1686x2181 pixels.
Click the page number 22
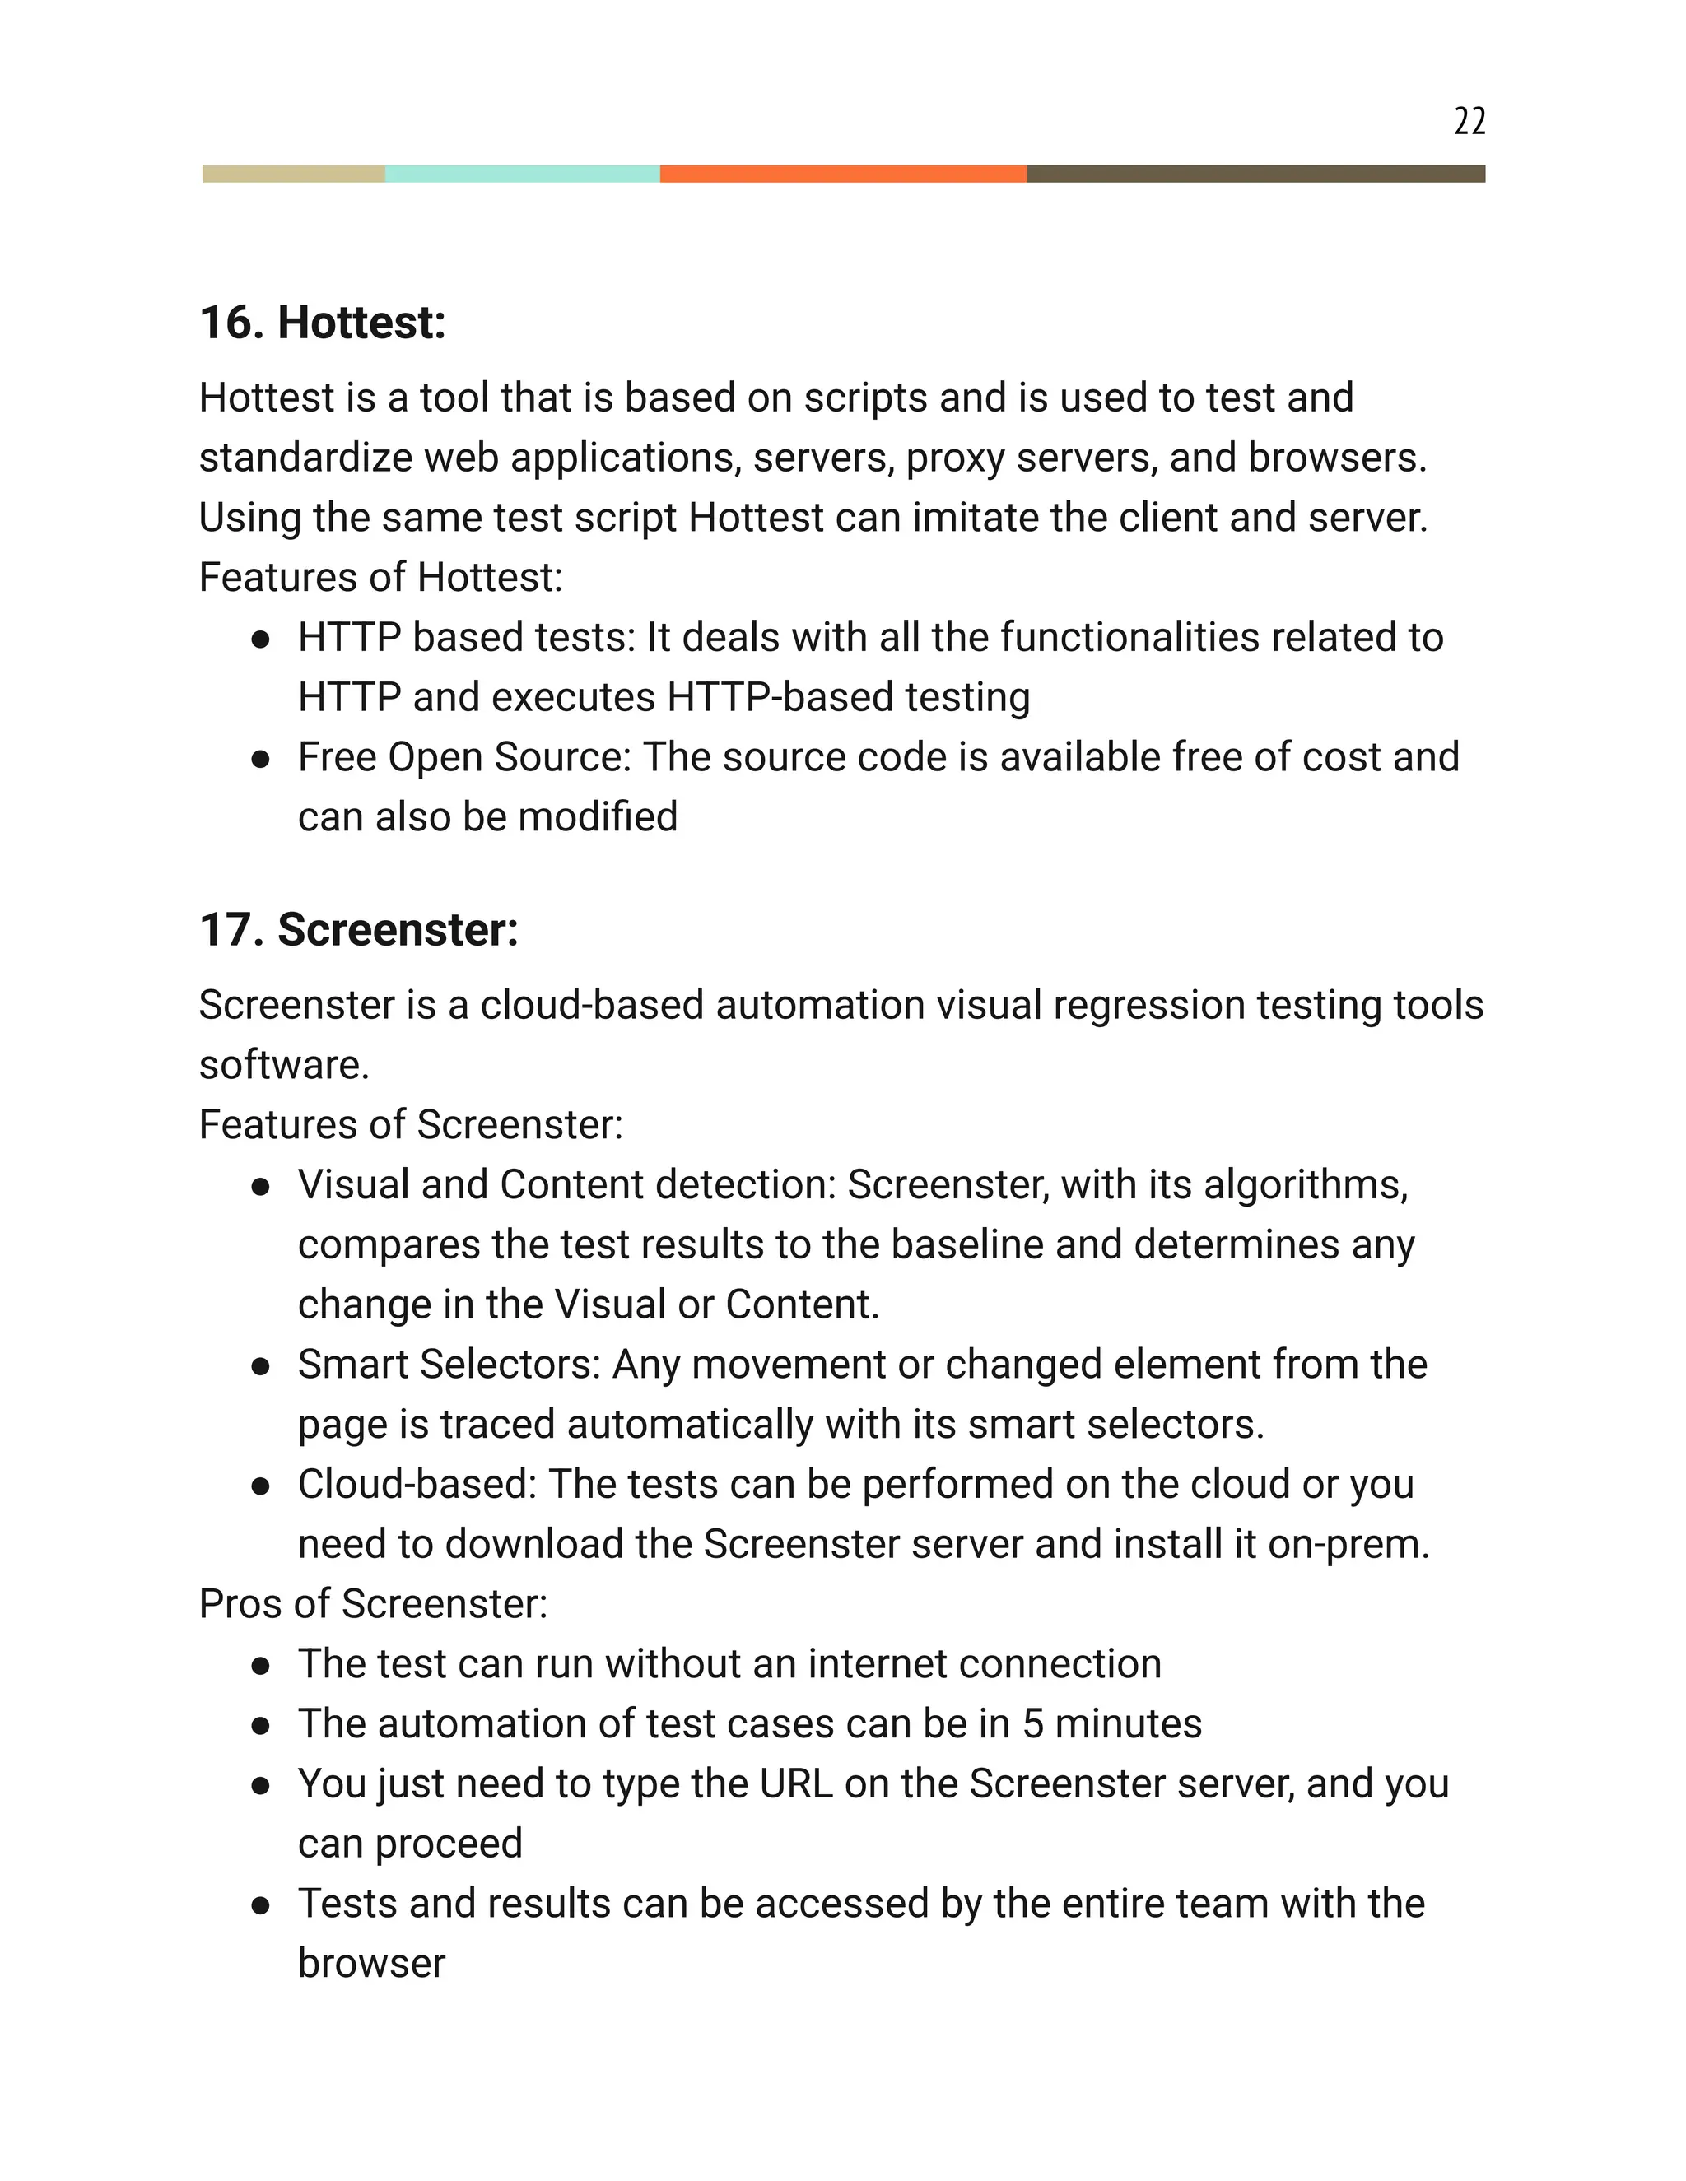(1469, 121)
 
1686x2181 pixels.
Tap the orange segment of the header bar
(843, 174)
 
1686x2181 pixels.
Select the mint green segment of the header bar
(523, 174)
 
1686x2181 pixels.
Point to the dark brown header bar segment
(1255, 174)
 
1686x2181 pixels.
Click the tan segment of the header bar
(294, 174)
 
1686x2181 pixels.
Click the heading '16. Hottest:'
(323, 323)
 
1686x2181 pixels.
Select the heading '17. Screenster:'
(359, 930)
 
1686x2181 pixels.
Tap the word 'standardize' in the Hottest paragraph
(305, 458)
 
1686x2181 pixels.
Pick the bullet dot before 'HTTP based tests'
(262, 639)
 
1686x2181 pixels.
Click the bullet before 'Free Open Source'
(262, 759)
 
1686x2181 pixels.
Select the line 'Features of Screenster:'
(411, 1124)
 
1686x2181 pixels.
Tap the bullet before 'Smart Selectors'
(262, 1366)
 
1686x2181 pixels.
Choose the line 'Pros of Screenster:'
(374, 1604)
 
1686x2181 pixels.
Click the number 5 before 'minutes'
(1032, 1724)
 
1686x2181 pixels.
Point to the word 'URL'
(795, 1784)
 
